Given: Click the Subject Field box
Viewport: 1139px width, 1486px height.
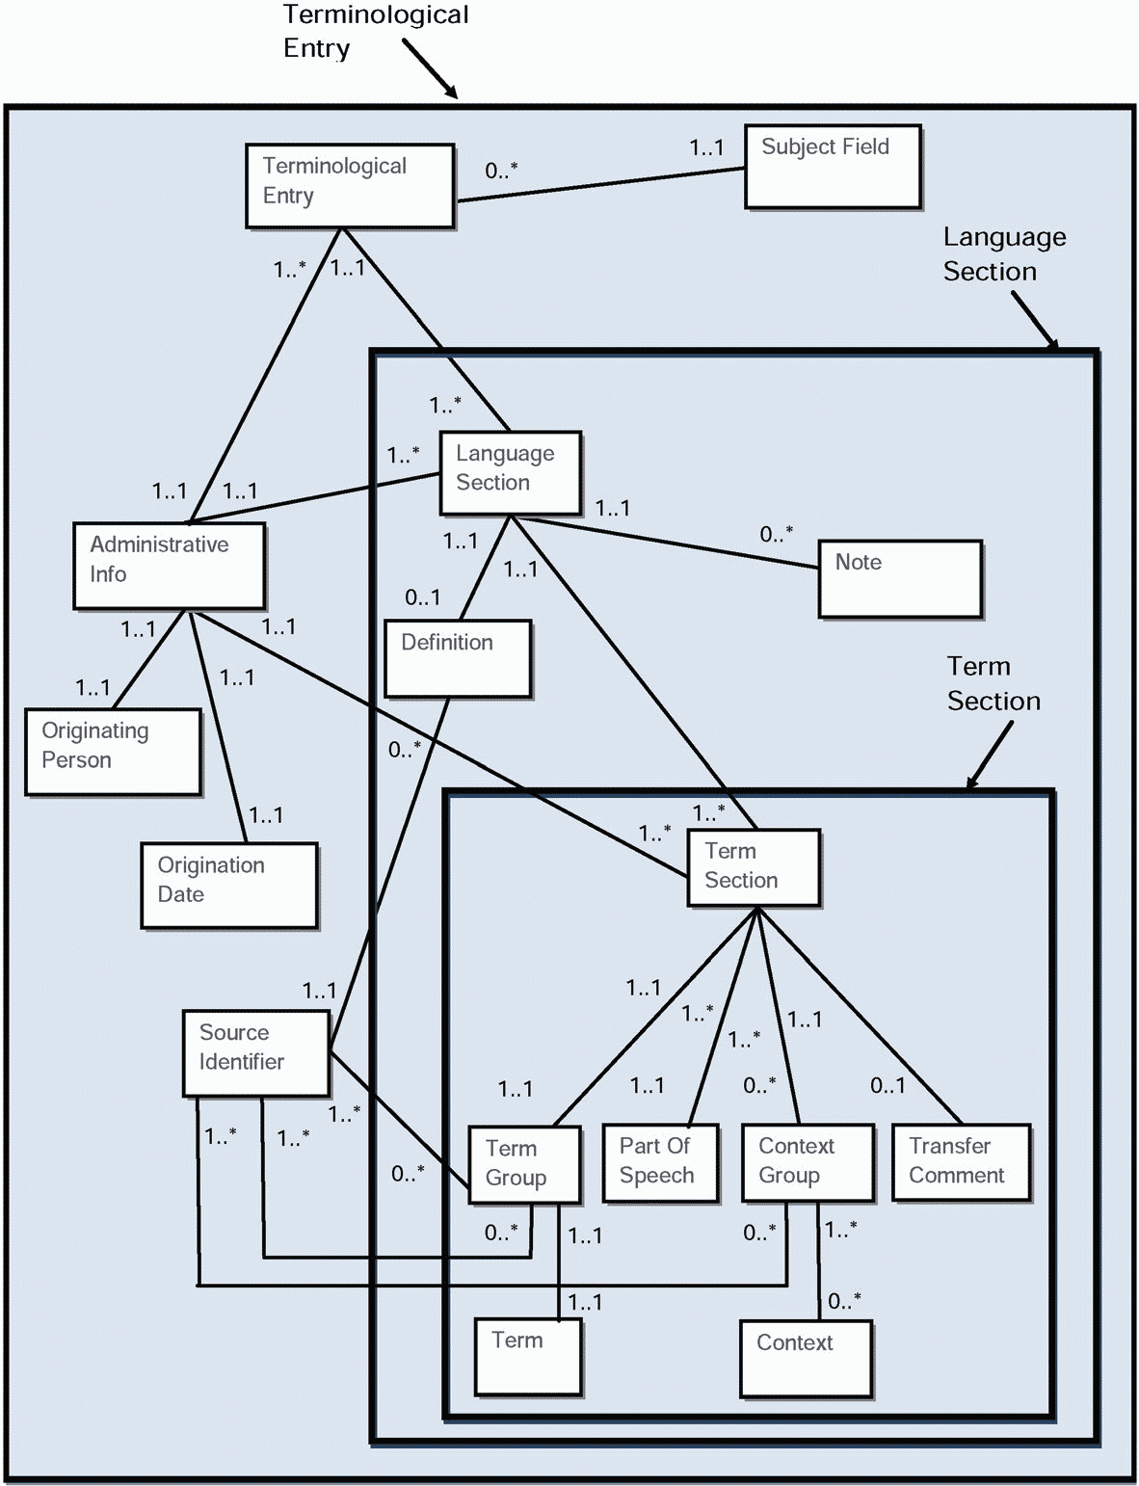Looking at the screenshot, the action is tap(833, 166).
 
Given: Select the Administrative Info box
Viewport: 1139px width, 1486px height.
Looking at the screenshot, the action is tap(169, 566).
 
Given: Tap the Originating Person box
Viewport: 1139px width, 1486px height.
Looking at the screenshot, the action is tap(113, 752).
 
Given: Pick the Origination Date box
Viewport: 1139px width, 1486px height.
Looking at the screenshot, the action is tap(229, 885).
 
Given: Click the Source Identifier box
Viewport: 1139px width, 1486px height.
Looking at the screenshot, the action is tap(256, 1053).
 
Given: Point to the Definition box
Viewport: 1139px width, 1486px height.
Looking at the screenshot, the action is tap(458, 658).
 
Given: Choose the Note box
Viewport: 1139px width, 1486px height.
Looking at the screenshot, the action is tap(900, 579).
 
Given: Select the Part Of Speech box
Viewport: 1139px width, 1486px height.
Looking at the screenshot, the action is tap(660, 1162).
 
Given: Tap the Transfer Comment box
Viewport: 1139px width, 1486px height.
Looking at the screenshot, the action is tap(962, 1162).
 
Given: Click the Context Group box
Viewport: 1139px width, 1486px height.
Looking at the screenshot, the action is tap(808, 1162).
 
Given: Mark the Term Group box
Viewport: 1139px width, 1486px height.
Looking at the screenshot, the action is tap(524, 1164).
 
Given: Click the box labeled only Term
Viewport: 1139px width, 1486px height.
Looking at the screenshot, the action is tap(528, 1357).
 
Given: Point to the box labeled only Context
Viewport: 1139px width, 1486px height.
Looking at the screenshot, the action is tap(806, 1359).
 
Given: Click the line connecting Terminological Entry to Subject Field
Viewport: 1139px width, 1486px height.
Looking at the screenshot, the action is tap(599, 185).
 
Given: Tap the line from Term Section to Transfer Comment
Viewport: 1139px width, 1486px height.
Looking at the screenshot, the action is tap(860, 1016).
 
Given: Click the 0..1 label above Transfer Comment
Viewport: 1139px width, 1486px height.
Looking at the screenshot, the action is tap(887, 1085).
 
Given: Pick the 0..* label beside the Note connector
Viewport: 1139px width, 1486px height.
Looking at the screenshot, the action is tap(776, 534).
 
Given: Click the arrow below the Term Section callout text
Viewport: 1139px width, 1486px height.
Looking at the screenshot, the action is tap(990, 756).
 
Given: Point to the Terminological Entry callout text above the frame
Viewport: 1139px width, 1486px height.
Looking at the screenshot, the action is tap(376, 32).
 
